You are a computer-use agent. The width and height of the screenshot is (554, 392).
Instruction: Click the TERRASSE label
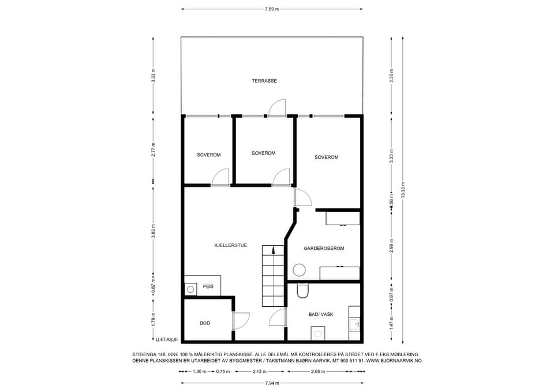tap(264, 81)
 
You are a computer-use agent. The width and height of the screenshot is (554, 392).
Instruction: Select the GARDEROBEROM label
tap(324, 248)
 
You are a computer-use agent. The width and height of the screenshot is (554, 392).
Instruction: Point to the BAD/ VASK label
tap(321, 314)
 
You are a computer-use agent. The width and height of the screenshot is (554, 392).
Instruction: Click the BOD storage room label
tap(205, 323)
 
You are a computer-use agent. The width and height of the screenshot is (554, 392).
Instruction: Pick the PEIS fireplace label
tap(208, 287)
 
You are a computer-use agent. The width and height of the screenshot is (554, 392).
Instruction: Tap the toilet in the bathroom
tap(303, 290)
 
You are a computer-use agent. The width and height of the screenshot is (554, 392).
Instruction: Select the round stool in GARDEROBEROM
tap(300, 270)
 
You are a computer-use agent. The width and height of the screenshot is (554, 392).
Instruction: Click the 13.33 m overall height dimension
tap(403, 191)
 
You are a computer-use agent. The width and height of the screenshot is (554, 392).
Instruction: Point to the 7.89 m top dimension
tap(272, 9)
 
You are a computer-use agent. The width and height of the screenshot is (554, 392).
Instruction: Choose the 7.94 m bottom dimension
tap(272, 383)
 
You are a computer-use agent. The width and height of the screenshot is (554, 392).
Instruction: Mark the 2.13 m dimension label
tap(260, 371)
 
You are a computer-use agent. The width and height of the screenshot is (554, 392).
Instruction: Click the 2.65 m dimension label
tap(317, 371)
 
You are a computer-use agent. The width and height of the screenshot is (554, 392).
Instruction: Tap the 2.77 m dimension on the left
tap(154, 150)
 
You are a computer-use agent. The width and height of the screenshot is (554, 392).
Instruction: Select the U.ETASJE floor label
tap(167, 339)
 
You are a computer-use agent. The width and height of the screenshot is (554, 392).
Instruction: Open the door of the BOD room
tap(242, 320)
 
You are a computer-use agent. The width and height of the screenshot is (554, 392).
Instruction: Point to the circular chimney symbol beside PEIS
tap(190, 289)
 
